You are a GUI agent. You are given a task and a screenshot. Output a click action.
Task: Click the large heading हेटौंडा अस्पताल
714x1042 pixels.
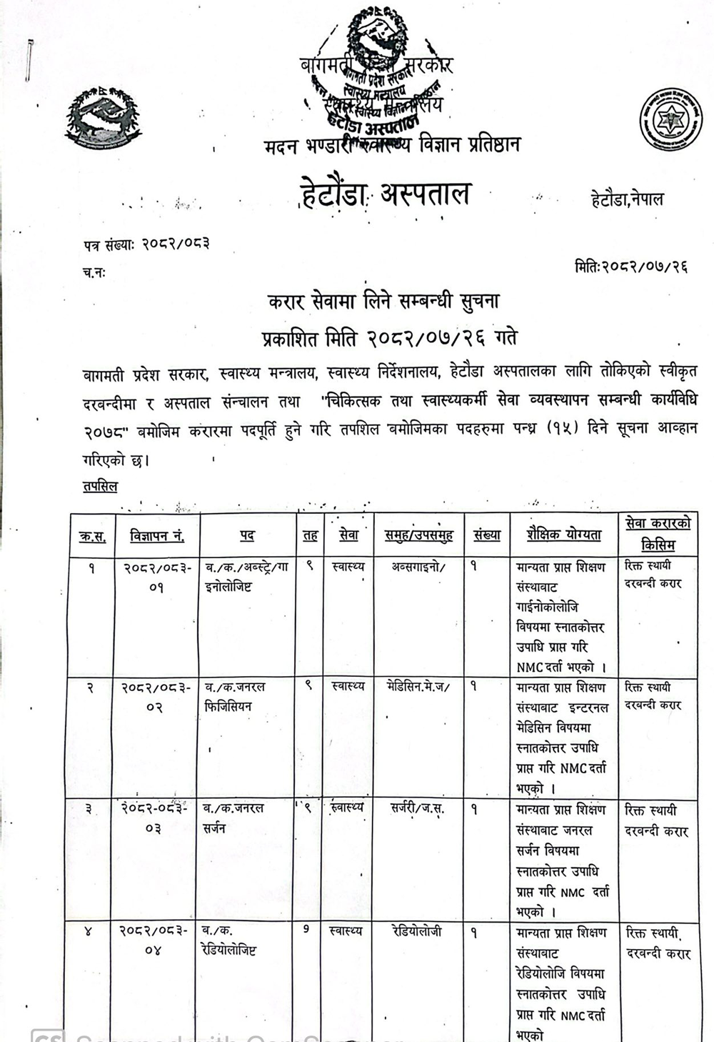[386, 194]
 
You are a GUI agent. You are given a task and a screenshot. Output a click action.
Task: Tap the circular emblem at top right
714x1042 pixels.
[670, 120]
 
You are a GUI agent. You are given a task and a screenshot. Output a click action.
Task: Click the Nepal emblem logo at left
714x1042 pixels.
[103, 119]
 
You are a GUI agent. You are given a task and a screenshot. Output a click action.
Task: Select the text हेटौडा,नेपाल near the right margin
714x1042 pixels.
[627, 199]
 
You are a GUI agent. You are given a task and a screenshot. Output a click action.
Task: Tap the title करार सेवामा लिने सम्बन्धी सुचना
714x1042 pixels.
[383, 302]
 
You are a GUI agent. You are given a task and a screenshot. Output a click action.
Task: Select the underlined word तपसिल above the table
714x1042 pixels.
[100, 486]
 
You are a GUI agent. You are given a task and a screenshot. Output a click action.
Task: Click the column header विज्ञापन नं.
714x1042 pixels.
[157, 535]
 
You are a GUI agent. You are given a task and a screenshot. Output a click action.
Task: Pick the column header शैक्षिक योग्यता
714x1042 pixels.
[564, 535]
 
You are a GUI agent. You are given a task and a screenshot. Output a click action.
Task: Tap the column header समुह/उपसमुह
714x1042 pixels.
[418, 535]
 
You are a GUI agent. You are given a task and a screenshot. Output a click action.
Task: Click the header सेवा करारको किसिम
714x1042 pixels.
[658, 534]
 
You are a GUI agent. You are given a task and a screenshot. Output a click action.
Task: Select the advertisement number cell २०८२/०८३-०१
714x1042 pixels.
[156, 577]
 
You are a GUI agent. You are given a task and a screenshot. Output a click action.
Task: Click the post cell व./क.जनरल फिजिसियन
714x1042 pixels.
[235, 696]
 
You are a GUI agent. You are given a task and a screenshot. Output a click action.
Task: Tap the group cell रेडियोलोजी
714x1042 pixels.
[417, 931]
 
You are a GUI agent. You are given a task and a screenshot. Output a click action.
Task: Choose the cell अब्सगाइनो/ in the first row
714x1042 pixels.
[418, 567]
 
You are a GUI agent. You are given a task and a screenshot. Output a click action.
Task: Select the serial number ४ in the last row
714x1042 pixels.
[88, 931]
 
